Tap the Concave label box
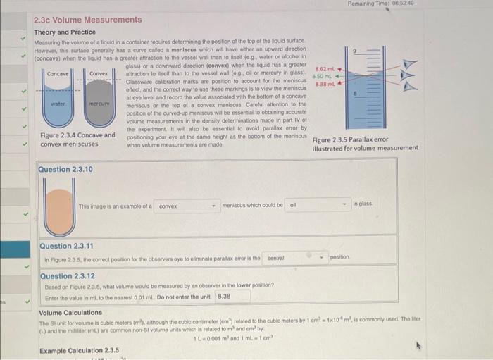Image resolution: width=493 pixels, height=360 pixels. (x=57, y=73)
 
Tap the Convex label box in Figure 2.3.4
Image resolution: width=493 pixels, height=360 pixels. (x=99, y=73)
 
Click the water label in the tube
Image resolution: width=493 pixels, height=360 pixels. (x=58, y=104)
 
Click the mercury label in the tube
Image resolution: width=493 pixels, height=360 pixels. (x=99, y=104)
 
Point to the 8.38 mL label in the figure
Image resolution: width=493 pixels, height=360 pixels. (x=324, y=83)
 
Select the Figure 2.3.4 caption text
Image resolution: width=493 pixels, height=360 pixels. (x=77, y=139)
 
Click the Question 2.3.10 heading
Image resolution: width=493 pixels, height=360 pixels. (x=65, y=170)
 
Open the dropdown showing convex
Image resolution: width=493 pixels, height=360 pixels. (x=186, y=206)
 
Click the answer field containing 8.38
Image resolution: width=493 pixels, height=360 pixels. (x=224, y=297)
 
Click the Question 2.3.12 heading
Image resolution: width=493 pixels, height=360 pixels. (x=68, y=276)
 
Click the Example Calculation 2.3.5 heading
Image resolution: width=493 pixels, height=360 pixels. (x=79, y=350)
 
